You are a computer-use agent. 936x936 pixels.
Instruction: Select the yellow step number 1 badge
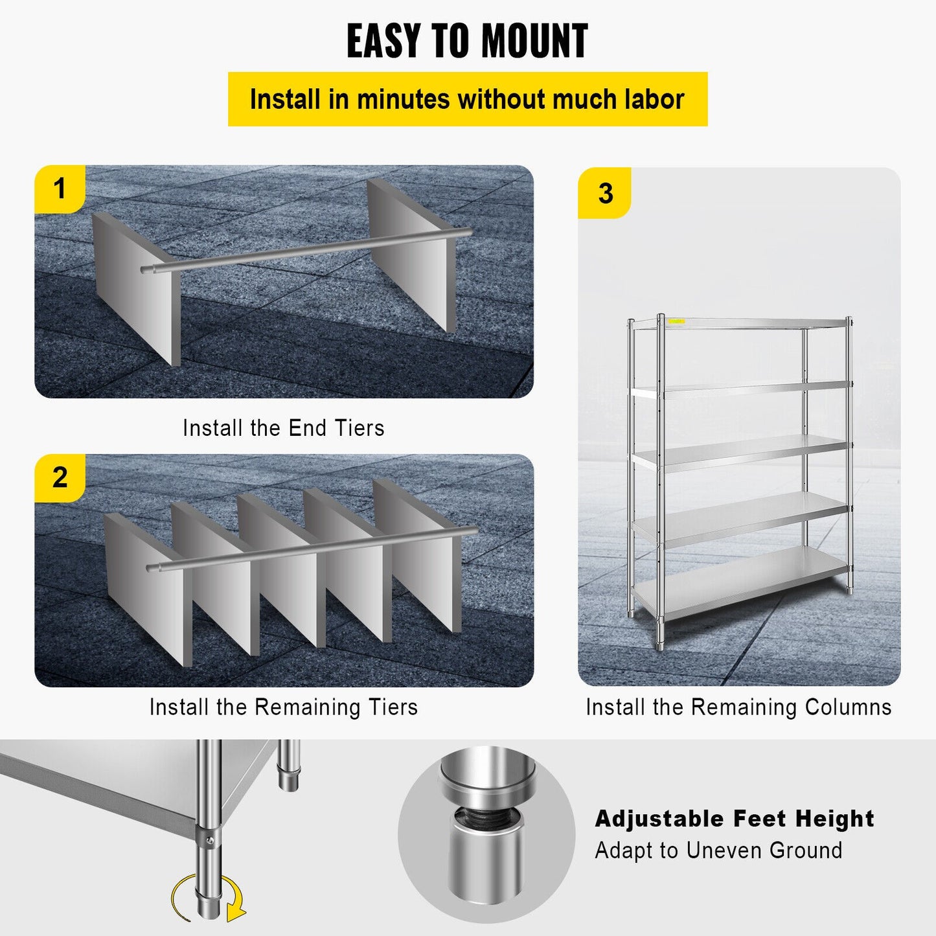[x=60, y=189]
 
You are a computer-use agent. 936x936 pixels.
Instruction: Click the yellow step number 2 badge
[x=60, y=478]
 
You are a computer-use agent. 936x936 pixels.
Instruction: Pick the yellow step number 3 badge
[x=605, y=193]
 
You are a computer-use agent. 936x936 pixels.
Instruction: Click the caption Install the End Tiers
[x=284, y=428]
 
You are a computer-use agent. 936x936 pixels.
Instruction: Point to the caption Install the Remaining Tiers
[x=284, y=707]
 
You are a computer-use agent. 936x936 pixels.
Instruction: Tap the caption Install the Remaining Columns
[x=738, y=707]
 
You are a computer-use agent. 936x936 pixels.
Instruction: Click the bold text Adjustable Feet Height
[x=735, y=819]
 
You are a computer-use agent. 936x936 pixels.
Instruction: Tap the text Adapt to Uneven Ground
[x=718, y=850]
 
